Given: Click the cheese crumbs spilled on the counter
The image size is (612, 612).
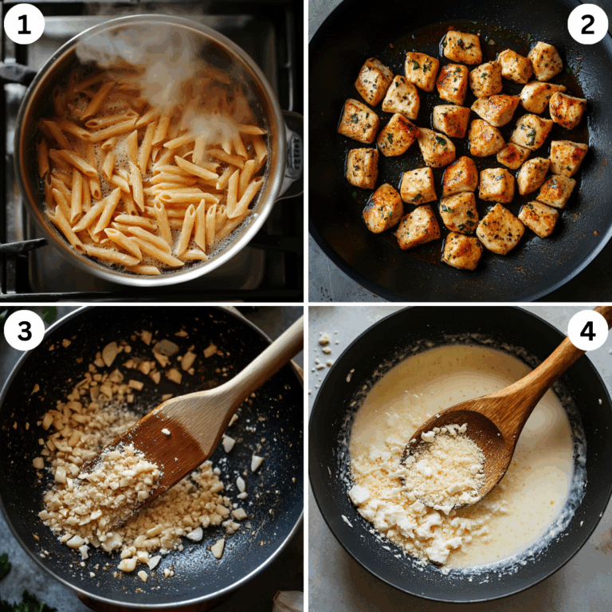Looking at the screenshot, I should click(x=324, y=351).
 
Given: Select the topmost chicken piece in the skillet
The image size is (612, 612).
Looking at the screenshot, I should click(x=462, y=47).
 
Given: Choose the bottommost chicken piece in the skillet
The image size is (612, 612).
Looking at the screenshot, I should click(x=462, y=250).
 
